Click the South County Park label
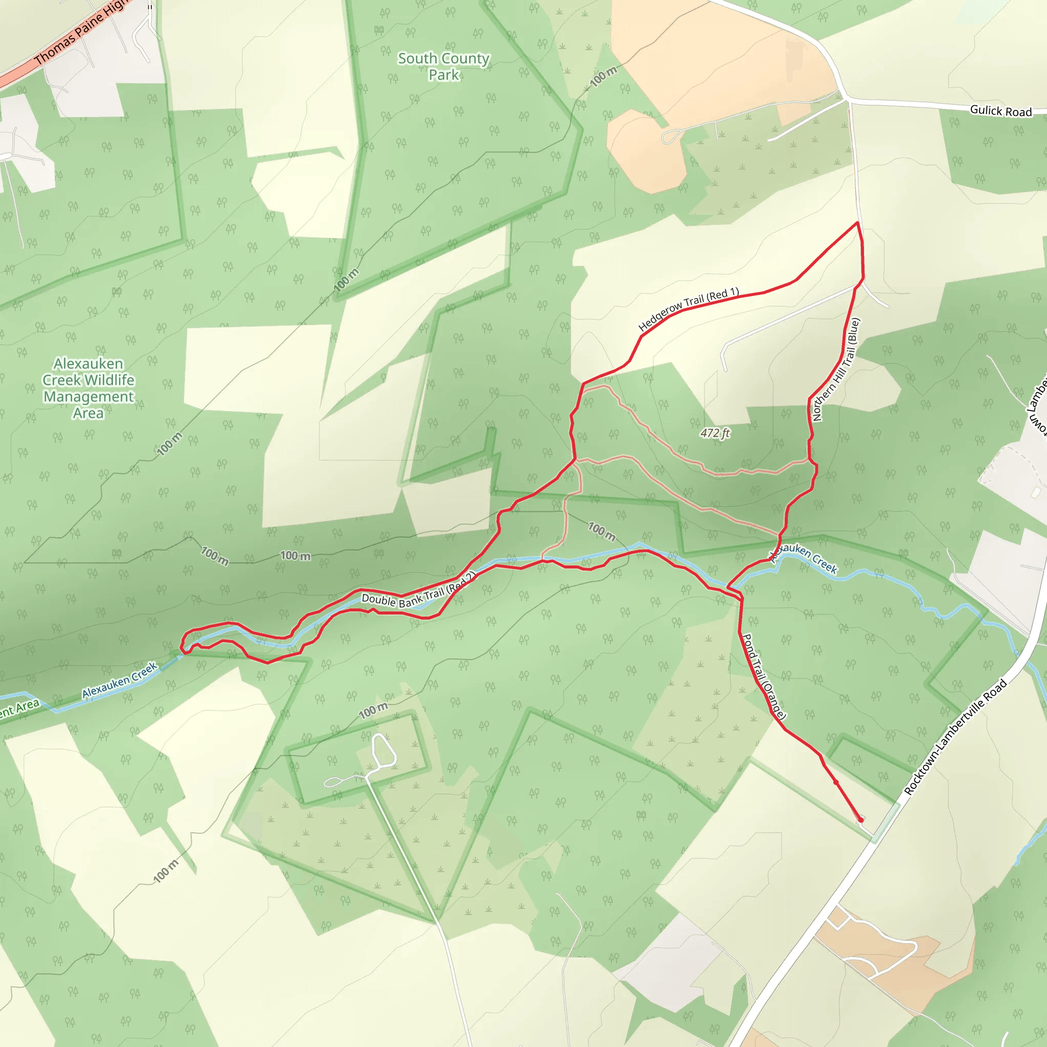click(443, 66)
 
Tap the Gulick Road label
click(1000, 111)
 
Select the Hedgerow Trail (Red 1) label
click(688, 309)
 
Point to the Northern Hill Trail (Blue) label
click(836, 370)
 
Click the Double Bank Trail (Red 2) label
click(418, 590)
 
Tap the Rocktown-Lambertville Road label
click(955, 738)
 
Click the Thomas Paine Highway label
click(81, 33)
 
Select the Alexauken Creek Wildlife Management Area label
click(88, 388)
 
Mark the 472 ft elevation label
click(715, 433)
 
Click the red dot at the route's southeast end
click(860, 820)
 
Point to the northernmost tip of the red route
click(857, 223)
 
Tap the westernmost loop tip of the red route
click(182, 646)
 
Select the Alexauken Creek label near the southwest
click(119, 680)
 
